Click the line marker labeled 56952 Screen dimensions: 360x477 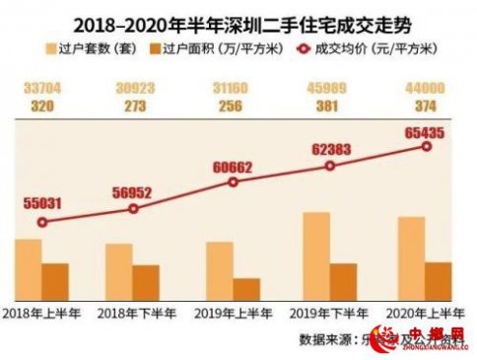click(133, 208)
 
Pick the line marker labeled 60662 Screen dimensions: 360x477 click(233, 181)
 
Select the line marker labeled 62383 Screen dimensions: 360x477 click(330, 166)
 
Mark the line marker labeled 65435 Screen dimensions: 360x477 click(427, 146)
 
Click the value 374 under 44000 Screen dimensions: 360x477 click(427, 104)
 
